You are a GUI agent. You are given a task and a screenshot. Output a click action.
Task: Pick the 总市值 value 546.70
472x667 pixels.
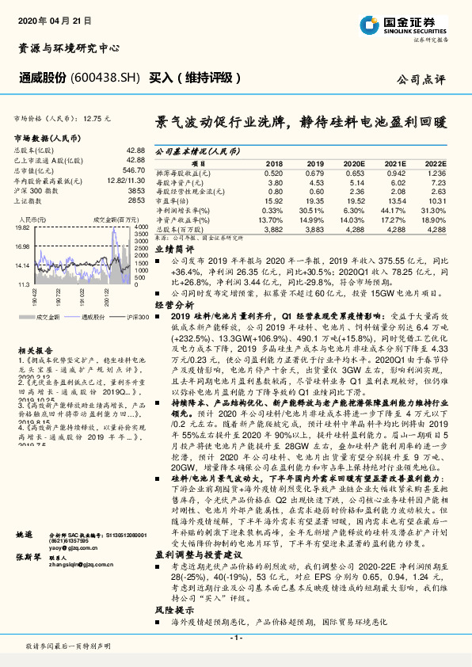click(135, 170)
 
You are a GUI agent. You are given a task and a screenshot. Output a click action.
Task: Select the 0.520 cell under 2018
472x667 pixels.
click(272, 172)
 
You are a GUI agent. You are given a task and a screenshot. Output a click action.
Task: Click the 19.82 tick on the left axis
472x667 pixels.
click(22, 227)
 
